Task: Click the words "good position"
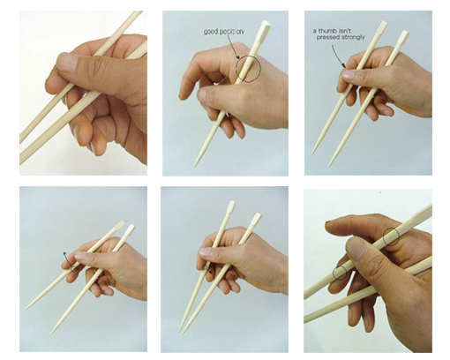click(x=224, y=32)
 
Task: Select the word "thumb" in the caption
click(x=326, y=31)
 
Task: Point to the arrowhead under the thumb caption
click(x=343, y=66)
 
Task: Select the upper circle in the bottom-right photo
click(x=391, y=236)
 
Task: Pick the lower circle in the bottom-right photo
click(x=340, y=273)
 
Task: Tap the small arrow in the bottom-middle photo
click(x=207, y=269)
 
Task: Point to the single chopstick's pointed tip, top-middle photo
click(x=194, y=167)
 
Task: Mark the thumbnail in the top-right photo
click(x=349, y=74)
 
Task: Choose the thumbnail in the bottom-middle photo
click(x=206, y=251)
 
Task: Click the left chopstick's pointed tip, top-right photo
click(x=312, y=154)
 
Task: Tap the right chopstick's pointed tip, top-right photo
click(x=330, y=165)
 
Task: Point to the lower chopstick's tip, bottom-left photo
click(x=51, y=333)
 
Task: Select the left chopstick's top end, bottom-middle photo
click(x=232, y=203)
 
